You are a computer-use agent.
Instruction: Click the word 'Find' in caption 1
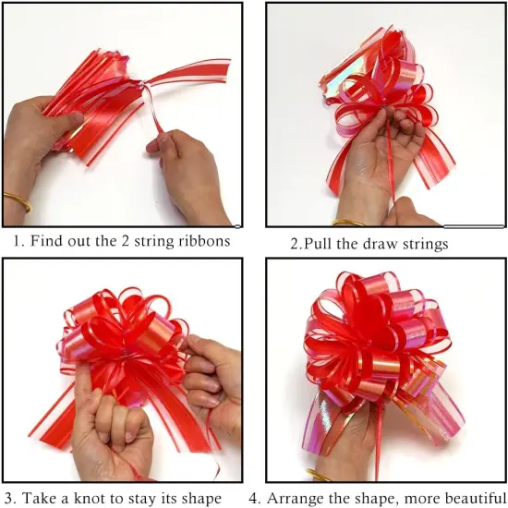pyautogui.click(x=46, y=242)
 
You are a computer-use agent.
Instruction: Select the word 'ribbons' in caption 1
pyautogui.click(x=205, y=242)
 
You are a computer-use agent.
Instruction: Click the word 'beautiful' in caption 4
pyautogui.click(x=470, y=498)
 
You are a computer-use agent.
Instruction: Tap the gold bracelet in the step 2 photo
pyautogui.click(x=348, y=222)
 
